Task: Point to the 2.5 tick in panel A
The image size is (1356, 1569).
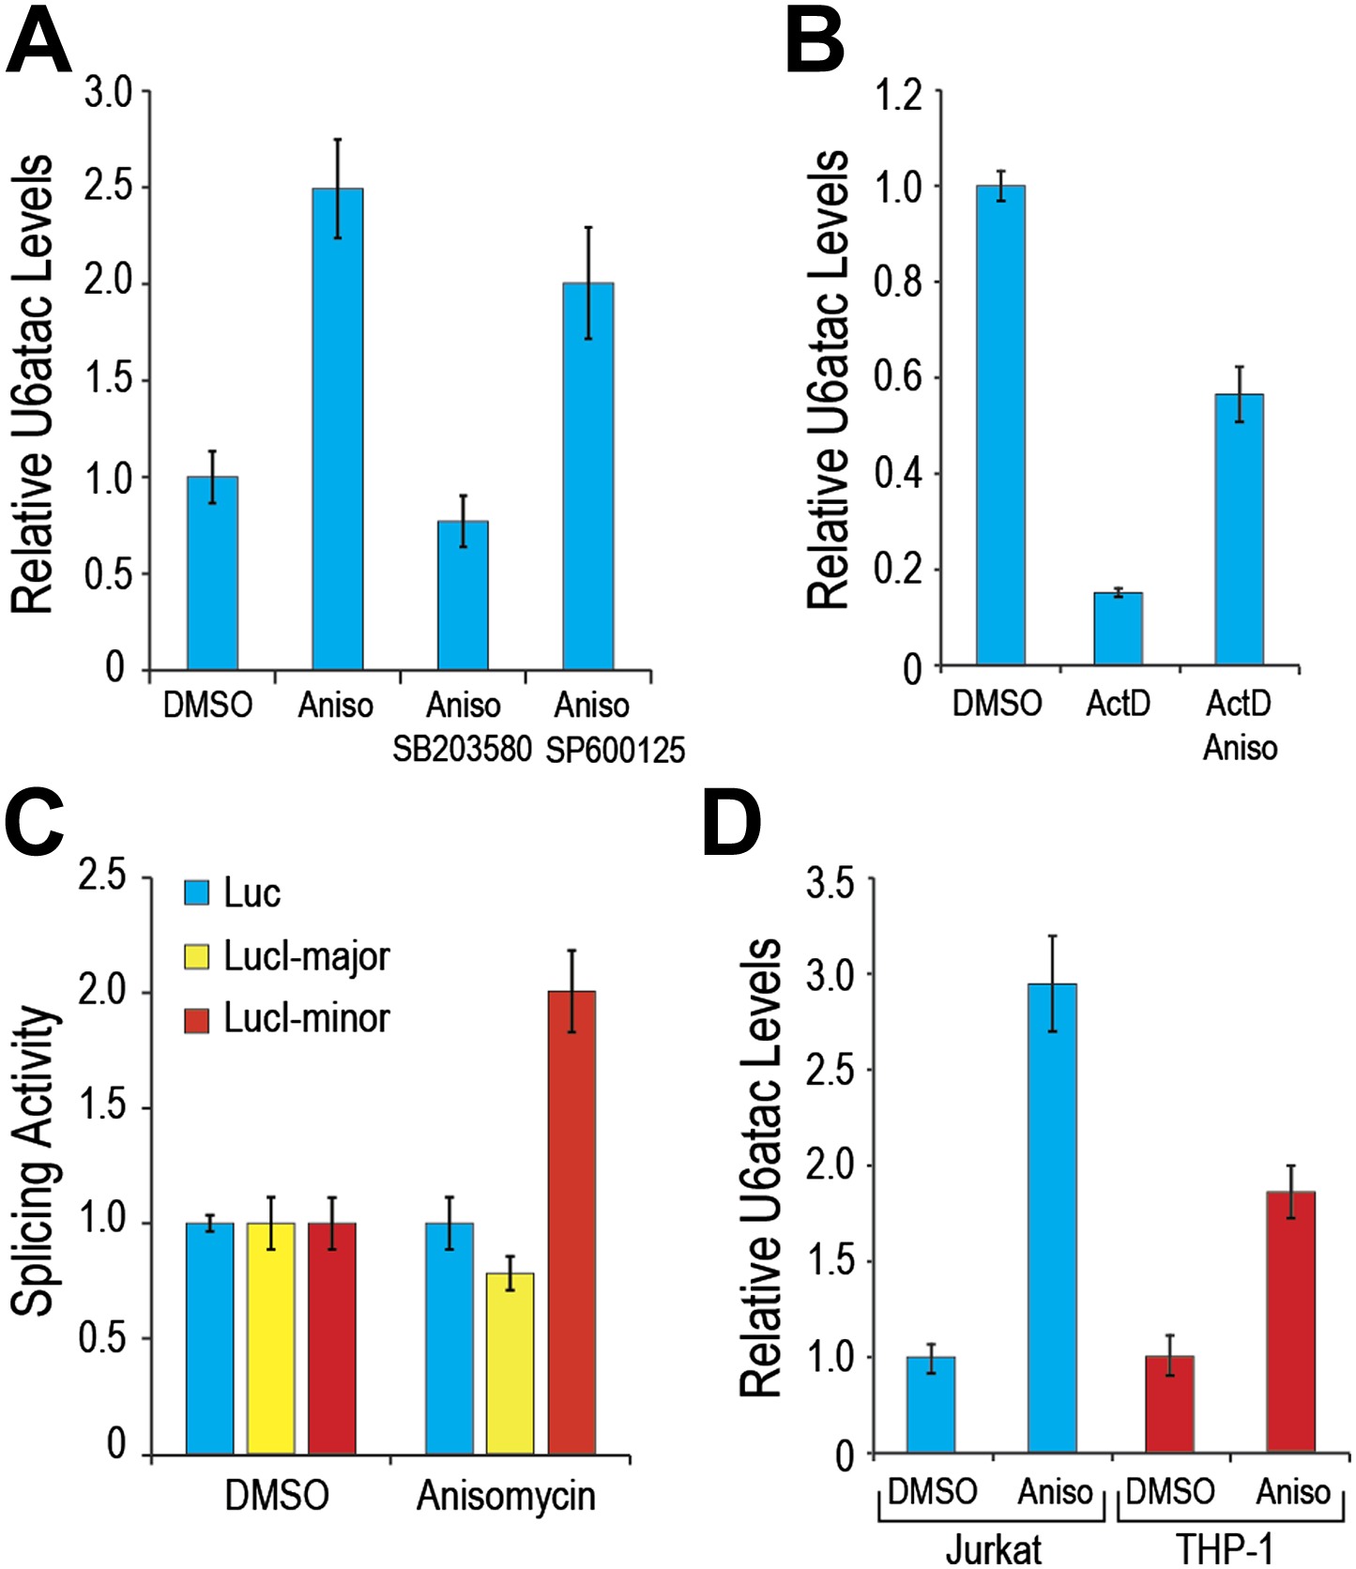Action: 109,187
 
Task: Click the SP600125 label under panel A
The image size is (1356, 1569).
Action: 616,750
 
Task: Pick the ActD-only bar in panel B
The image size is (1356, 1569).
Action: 1118,629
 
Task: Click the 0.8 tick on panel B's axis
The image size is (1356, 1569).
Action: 898,282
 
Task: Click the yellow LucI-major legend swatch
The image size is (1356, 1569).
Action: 197,956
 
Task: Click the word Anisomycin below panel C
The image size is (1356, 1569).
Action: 506,1495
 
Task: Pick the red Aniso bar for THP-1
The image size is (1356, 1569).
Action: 1290,1322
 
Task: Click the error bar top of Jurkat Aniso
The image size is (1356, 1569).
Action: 1053,936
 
